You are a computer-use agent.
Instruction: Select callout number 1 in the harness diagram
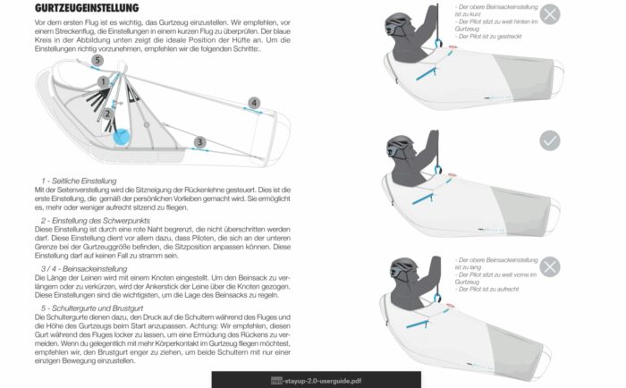tap(105, 81)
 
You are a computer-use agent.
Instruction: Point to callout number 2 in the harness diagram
tap(106, 114)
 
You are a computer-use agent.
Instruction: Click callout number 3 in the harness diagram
tap(199, 141)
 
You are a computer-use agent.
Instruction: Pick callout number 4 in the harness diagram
tap(254, 104)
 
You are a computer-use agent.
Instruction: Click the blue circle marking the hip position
tap(121, 138)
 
